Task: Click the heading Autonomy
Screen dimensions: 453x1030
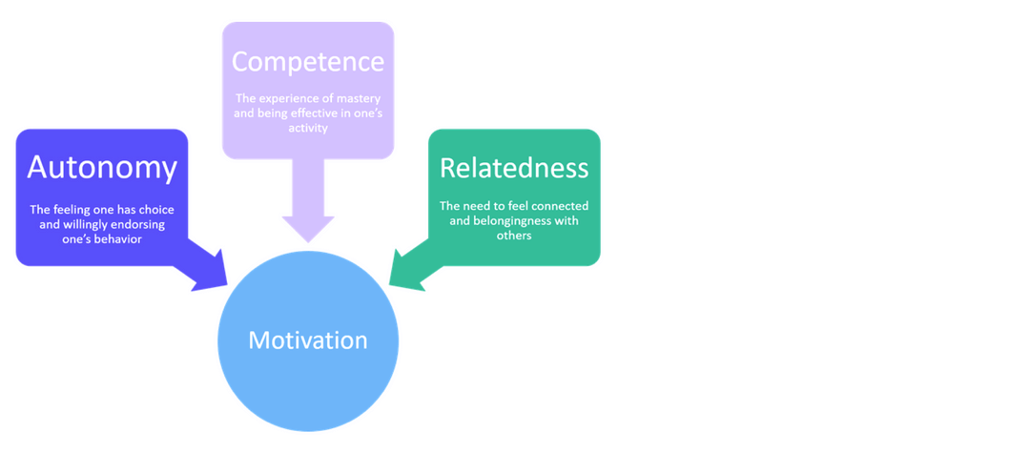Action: tap(102, 168)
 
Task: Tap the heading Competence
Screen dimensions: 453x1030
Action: tap(308, 62)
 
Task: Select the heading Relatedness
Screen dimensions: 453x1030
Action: tap(514, 168)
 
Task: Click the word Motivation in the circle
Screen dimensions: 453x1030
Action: tap(308, 340)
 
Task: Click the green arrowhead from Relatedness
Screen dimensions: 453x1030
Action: tap(405, 273)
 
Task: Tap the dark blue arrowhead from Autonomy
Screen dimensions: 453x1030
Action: tap(211, 273)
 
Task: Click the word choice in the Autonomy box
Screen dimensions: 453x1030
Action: tap(155, 210)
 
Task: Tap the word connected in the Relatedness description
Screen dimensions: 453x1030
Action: tap(559, 206)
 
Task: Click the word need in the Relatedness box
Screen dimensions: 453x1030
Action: tap(475, 206)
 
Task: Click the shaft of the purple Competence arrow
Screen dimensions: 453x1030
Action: tap(308, 186)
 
